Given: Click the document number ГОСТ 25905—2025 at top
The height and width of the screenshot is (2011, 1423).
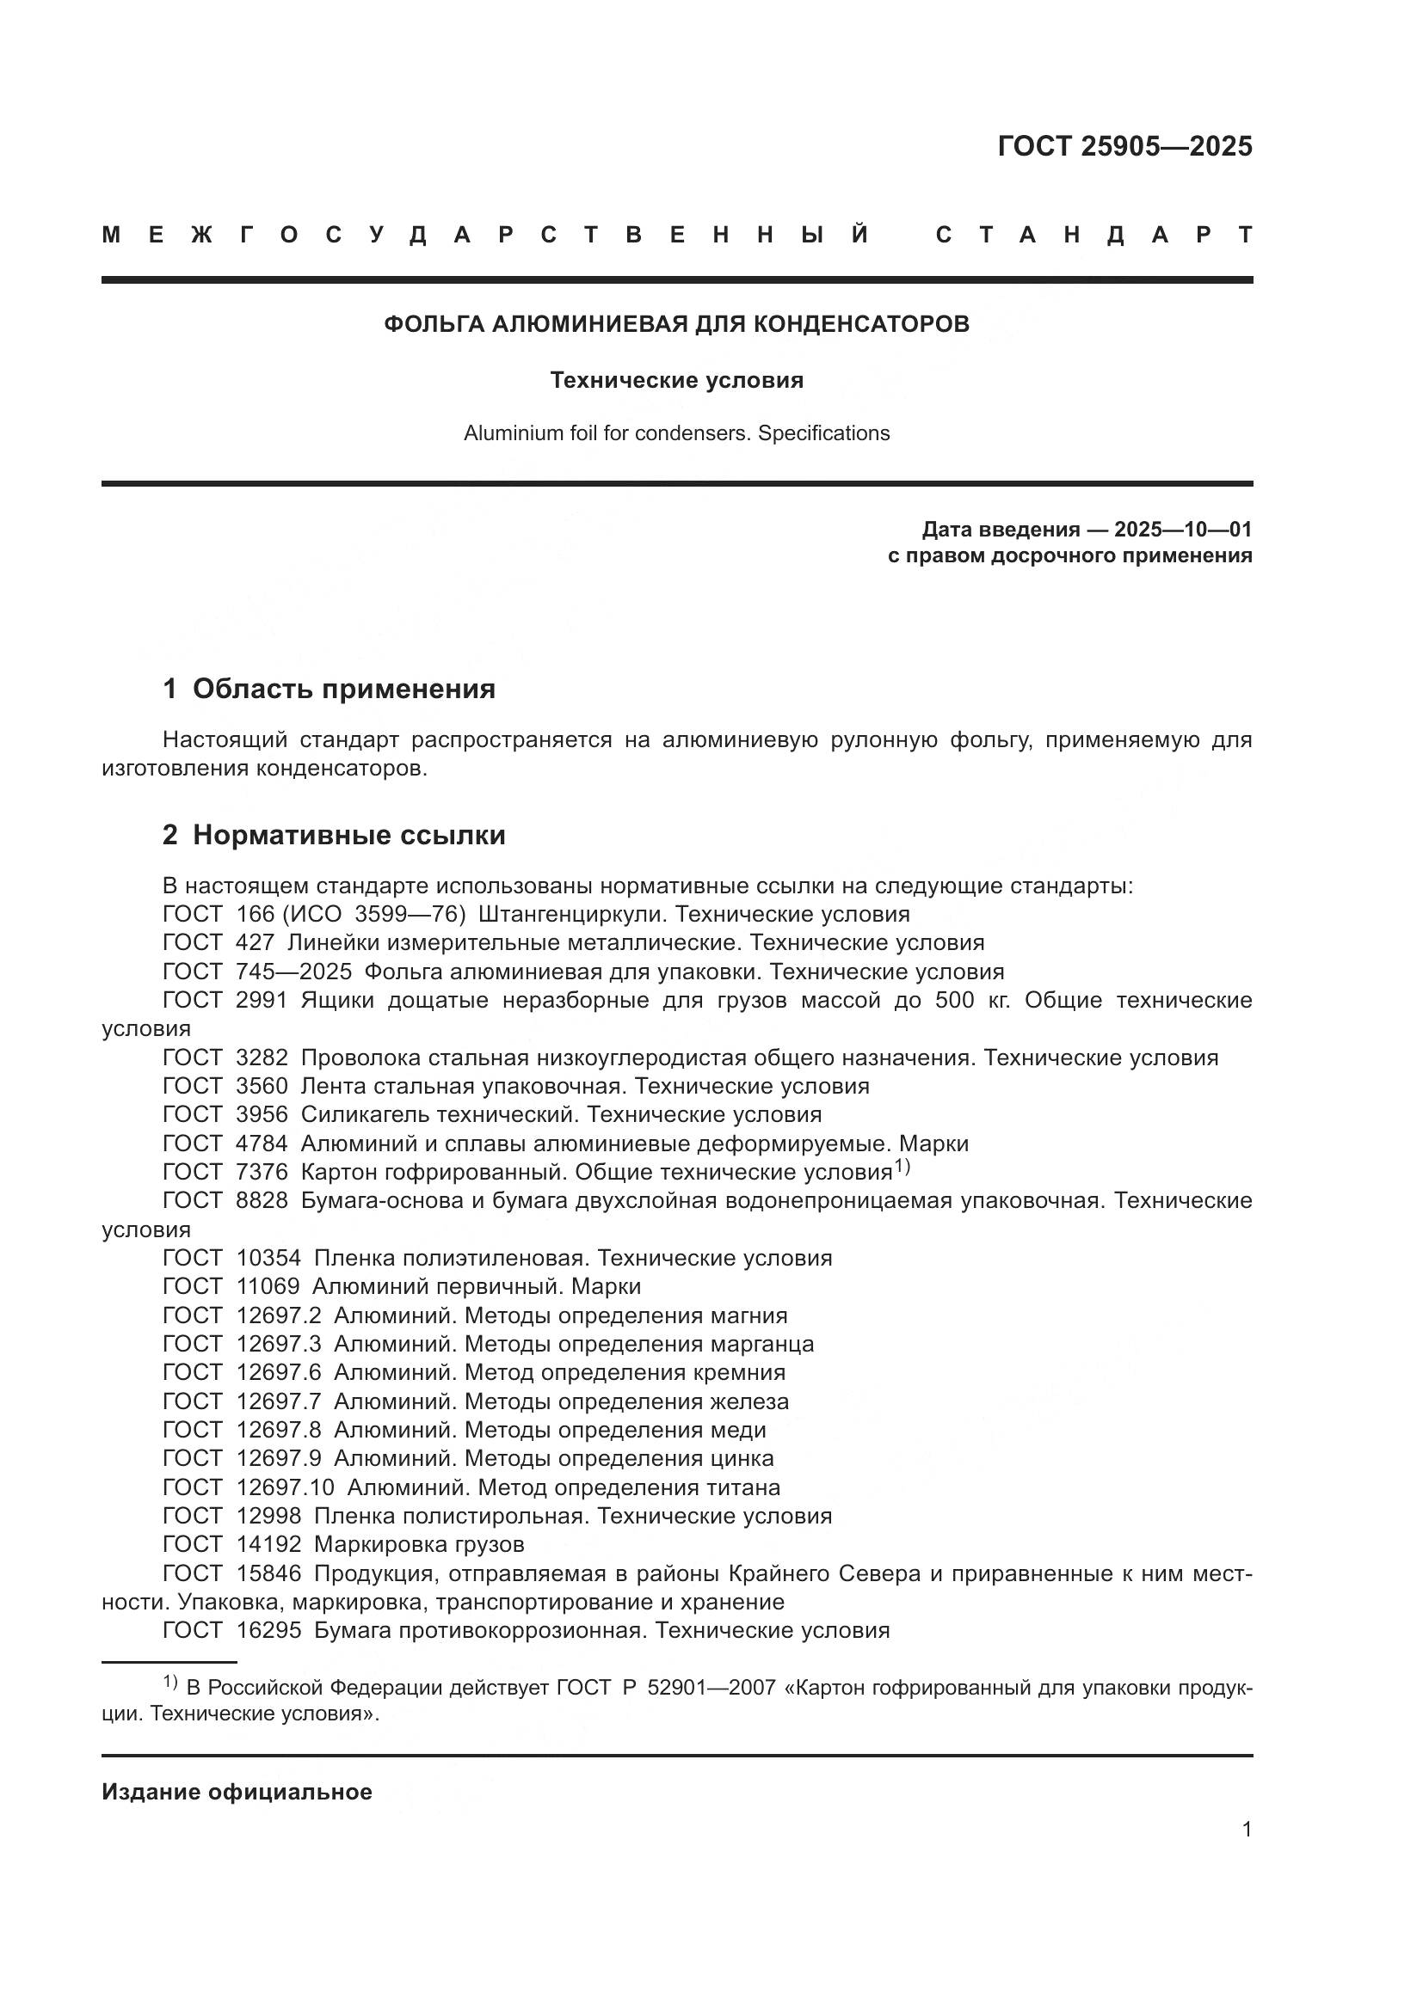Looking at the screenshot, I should click(1124, 145).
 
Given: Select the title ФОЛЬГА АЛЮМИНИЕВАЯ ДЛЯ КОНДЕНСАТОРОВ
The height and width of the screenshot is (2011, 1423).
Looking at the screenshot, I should click(676, 324).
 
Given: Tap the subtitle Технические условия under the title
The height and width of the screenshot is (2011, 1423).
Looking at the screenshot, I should click(676, 380).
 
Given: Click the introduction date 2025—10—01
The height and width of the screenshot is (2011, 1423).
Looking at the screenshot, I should click(1182, 529).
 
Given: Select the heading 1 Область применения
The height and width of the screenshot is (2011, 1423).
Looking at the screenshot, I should click(329, 689).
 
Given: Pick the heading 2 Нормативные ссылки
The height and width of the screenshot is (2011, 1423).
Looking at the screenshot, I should click(334, 835).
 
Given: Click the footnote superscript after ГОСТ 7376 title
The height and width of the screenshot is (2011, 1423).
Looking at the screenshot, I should click(902, 1167).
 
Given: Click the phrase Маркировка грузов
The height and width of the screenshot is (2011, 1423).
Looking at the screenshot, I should click(419, 1544).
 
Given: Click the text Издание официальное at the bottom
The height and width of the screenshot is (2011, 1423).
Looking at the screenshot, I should click(237, 1792).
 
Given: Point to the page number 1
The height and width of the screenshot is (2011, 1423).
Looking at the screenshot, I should click(1246, 1829).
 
